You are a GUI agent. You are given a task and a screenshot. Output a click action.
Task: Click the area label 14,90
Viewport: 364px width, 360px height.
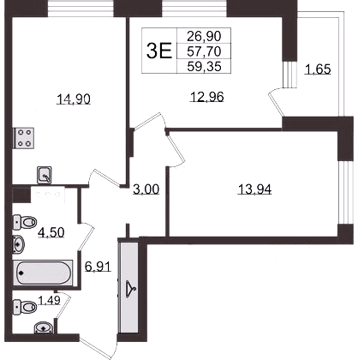(74, 99)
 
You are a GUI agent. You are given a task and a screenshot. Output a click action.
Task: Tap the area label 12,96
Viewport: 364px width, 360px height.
(207, 97)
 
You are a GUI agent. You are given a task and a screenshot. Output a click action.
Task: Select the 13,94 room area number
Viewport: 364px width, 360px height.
(254, 189)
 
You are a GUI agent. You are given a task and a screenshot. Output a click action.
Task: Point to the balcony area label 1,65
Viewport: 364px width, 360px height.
(318, 69)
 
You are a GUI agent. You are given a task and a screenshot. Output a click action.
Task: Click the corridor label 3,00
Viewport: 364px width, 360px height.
(146, 189)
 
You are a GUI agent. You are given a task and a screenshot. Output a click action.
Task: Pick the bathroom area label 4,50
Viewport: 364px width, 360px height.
(51, 232)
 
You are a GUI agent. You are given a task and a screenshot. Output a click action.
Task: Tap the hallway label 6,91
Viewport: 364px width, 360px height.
(98, 267)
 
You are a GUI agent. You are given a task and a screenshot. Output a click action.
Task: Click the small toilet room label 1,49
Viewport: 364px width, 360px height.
(49, 300)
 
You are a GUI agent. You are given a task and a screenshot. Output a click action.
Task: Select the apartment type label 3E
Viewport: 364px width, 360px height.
(159, 51)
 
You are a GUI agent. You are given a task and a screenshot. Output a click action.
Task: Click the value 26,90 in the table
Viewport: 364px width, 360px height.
(204, 36)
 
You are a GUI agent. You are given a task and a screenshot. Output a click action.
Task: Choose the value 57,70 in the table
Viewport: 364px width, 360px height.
(204, 51)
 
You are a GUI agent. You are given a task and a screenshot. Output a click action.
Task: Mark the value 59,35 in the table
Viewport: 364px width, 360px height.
(204, 66)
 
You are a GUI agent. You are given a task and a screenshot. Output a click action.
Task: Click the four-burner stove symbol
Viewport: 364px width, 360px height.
(24, 138)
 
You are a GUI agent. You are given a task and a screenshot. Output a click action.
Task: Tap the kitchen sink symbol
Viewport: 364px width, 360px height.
(45, 175)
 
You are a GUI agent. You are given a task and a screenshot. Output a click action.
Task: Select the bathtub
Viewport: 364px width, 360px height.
(43, 273)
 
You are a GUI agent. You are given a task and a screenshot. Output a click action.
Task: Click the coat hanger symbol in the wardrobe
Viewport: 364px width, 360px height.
(130, 289)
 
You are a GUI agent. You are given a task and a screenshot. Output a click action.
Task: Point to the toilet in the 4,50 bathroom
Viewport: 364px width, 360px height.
(25, 221)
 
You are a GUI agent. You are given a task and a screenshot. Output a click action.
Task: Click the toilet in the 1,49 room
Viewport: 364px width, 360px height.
(25, 307)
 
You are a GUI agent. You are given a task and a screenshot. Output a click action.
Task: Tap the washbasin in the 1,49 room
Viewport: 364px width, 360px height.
(44, 327)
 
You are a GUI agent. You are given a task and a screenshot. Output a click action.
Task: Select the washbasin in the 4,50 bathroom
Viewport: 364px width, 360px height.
(19, 244)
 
